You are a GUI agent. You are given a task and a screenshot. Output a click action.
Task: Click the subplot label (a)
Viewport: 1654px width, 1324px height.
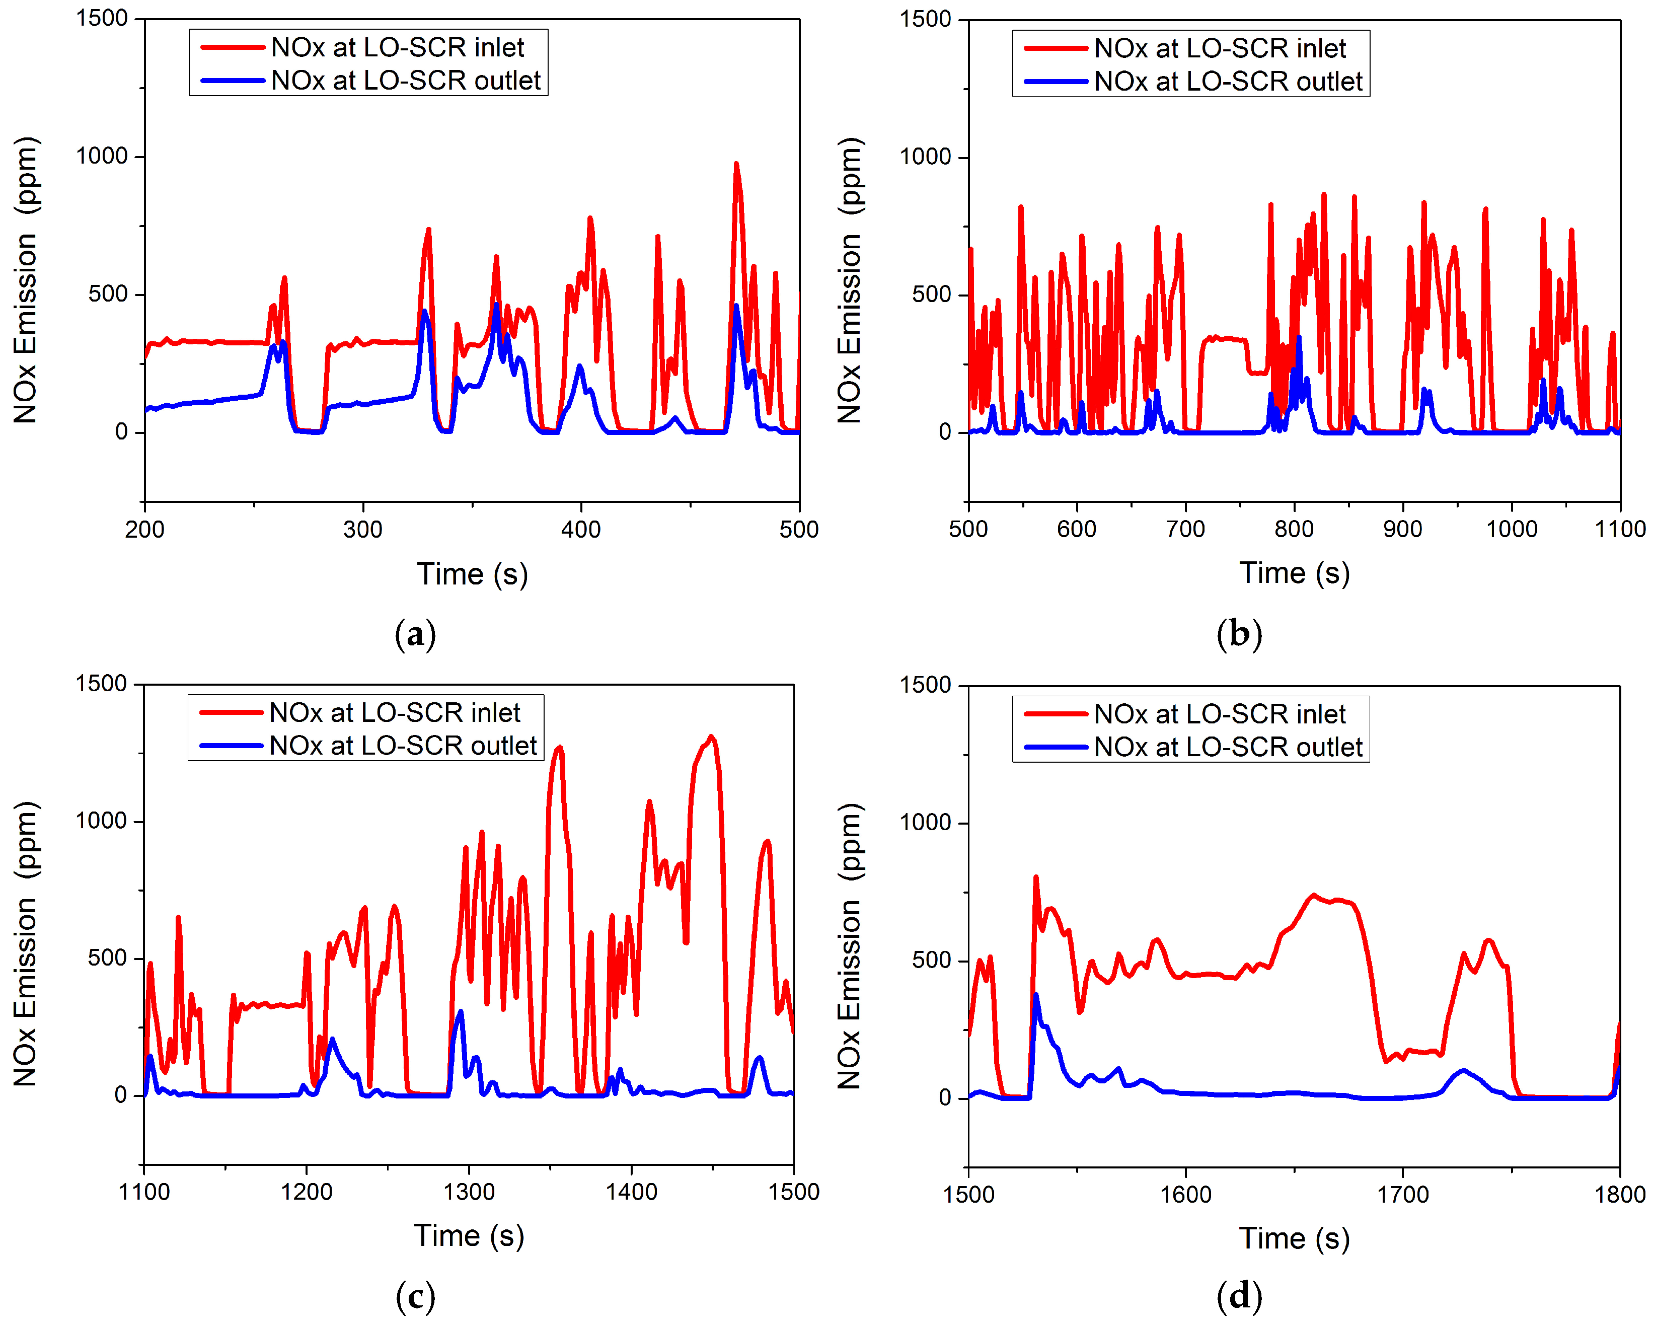tap(415, 634)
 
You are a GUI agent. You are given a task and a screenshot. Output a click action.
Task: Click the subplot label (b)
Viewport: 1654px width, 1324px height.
tap(1239, 634)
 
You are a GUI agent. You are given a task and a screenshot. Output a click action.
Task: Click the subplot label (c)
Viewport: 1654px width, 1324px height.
tap(415, 1296)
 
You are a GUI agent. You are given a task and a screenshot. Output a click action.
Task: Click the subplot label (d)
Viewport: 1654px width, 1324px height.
tap(1239, 1296)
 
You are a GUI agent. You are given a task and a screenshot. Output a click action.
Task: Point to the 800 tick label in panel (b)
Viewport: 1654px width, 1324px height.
tap(1294, 529)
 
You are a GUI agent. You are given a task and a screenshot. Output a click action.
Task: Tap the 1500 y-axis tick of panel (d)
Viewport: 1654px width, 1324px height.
tap(925, 685)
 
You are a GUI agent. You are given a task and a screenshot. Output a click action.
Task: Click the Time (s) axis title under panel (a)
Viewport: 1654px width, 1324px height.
tap(472, 574)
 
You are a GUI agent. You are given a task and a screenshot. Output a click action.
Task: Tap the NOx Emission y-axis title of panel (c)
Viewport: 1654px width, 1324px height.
tap(25, 943)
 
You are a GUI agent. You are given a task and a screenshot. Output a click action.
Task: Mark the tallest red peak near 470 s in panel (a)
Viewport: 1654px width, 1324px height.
tap(736, 164)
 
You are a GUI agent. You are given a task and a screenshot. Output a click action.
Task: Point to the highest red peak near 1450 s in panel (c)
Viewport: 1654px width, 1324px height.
tap(711, 737)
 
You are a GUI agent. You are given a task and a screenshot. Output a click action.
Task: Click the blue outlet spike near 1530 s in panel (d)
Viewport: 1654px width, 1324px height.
tap(1036, 995)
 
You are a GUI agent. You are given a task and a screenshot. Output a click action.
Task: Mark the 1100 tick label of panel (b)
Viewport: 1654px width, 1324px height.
tap(1619, 529)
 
